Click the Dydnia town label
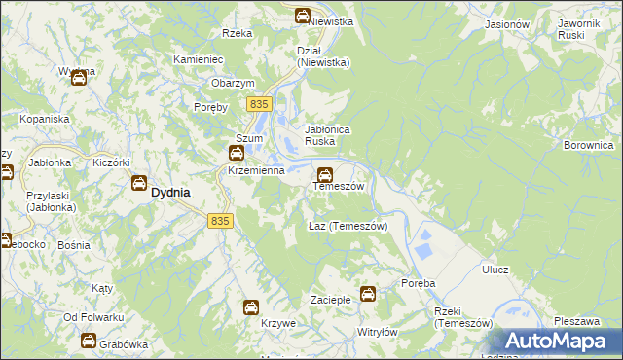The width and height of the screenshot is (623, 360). coord(170,193)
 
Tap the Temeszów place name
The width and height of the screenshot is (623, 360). coord(338,186)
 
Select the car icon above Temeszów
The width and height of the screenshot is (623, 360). coord(324,175)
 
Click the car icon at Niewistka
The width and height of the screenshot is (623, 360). coord(303,16)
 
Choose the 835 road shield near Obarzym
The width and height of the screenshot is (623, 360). coord(258,104)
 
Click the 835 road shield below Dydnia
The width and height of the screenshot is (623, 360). coord(220,221)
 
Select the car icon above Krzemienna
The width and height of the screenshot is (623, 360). coord(237,153)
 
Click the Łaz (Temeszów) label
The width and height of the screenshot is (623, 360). coord(348,226)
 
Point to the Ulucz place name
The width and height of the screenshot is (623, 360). coord(495,270)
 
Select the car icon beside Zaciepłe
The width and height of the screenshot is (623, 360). coord(368,293)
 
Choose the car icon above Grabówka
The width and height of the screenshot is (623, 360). coord(88,342)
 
